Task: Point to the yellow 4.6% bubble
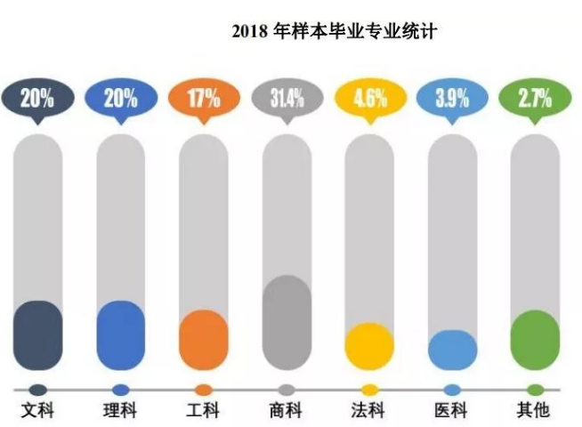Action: (368, 97)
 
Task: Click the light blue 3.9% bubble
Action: (451, 97)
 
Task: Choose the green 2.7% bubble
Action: (534, 97)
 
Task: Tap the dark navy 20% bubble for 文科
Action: (36, 97)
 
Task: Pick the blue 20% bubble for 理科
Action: (120, 97)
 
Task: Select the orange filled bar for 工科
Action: (204, 339)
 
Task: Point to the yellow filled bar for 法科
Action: (369, 346)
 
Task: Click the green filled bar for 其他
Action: (535, 339)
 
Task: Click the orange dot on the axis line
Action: (204, 390)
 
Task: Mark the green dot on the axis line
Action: (535, 390)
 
